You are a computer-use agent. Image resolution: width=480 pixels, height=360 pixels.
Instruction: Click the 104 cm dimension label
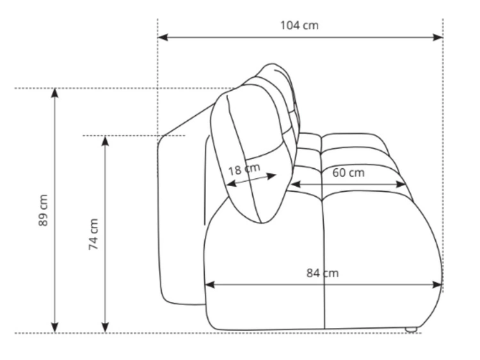[x=300, y=26]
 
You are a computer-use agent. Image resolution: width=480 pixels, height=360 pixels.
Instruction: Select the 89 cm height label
[x=44, y=210]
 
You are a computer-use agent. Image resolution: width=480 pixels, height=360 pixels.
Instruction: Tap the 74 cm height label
[x=93, y=234]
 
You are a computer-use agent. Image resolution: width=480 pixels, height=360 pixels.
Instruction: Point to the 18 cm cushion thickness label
[x=244, y=169]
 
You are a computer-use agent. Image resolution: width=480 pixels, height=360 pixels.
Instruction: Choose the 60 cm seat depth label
[x=348, y=173]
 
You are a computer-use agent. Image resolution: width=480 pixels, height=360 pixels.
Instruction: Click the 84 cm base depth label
[x=323, y=273]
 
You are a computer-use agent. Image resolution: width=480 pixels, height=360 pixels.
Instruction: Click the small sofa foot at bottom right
[x=411, y=330]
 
